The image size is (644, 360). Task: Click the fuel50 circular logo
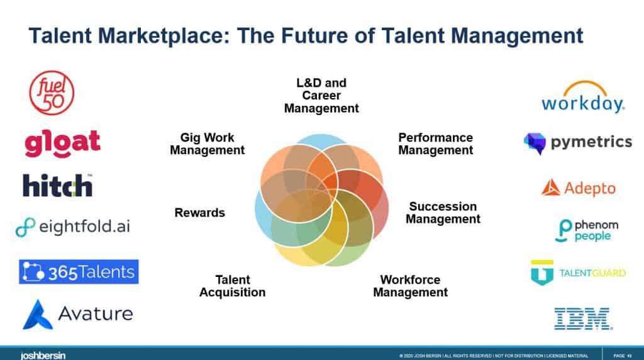pyautogui.click(x=52, y=94)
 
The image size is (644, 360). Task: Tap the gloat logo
pyautogui.click(x=62, y=143)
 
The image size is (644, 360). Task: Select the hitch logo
pyautogui.click(x=58, y=185)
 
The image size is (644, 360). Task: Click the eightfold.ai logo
pyautogui.click(x=73, y=227)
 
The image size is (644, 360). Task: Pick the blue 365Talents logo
pyautogui.click(x=79, y=272)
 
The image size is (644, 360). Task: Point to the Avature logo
pyautogui.click(x=78, y=313)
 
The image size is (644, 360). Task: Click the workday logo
pyautogui.click(x=582, y=98)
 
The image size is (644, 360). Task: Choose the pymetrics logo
pyautogui.click(x=577, y=143)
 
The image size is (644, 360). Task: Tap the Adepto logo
pyautogui.click(x=579, y=188)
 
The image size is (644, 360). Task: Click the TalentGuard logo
pyautogui.click(x=578, y=273)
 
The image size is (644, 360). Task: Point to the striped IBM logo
pyautogui.click(x=582, y=318)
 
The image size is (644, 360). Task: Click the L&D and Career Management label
pyautogui.click(x=321, y=96)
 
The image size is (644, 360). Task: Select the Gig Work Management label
pyautogui.click(x=207, y=143)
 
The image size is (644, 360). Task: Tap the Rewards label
pyautogui.click(x=199, y=213)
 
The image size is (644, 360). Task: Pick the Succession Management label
pyautogui.click(x=443, y=213)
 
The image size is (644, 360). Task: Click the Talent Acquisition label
pyautogui.click(x=232, y=286)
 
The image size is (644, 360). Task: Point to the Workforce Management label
pyautogui.click(x=410, y=286)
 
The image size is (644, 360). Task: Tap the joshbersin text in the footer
pyautogui.click(x=43, y=355)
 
